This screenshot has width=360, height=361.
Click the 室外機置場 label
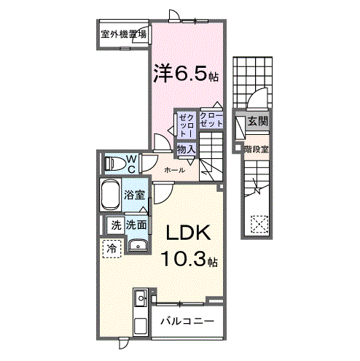(123, 34)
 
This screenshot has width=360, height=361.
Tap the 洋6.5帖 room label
(185, 75)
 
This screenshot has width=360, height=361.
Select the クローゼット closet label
(211, 120)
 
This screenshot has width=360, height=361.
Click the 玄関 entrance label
(256, 121)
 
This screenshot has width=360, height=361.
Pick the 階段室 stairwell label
(257, 150)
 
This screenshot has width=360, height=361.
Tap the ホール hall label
(174, 170)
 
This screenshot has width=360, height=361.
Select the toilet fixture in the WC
(114, 164)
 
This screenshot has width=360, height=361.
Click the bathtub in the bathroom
(110, 195)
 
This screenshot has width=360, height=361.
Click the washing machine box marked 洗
(114, 225)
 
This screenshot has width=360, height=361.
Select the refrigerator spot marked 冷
(111, 249)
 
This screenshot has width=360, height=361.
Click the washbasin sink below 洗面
(136, 246)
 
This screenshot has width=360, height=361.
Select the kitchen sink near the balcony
(141, 298)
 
